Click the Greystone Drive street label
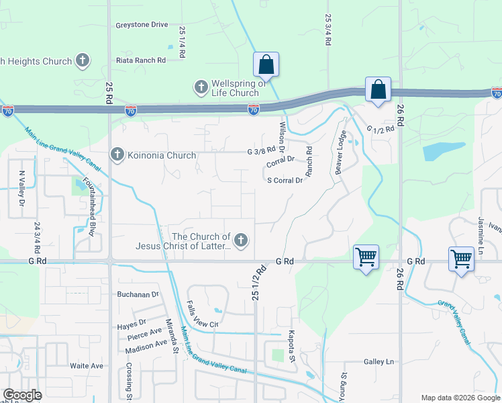click(x=141, y=25)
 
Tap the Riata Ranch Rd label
click(x=141, y=60)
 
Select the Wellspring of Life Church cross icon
click(x=201, y=87)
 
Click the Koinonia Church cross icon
click(x=117, y=155)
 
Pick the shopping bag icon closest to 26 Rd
click(x=379, y=91)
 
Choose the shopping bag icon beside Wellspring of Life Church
click(x=266, y=65)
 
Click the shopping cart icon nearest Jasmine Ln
click(x=461, y=259)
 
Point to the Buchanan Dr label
click(x=137, y=294)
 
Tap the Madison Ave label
click(x=146, y=343)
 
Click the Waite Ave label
click(x=87, y=365)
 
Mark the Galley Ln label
click(x=379, y=361)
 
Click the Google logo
click(x=21, y=395)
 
